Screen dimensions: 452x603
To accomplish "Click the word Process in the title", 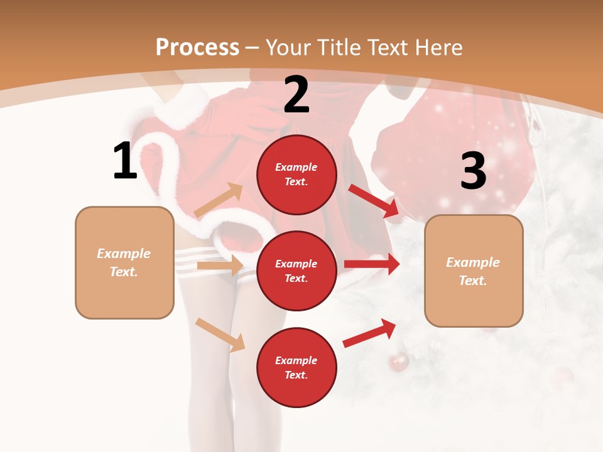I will [197, 48].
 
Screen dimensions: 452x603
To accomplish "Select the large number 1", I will [125, 161].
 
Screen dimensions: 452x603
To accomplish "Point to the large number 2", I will [296, 95].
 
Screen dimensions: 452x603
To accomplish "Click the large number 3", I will [473, 171].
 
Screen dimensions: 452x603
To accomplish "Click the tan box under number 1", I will [124, 262].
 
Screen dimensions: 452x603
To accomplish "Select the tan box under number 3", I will [474, 271].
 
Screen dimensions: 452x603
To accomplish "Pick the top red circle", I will [296, 175].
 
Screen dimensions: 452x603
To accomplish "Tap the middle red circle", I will [296, 271].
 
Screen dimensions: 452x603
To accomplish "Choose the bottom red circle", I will [296, 367].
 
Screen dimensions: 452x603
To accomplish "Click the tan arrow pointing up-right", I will [219, 201].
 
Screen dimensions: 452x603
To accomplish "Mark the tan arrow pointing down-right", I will [220, 335].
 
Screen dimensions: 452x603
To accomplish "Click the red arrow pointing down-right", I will [374, 201].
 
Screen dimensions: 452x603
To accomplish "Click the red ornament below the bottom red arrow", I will [398, 362].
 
